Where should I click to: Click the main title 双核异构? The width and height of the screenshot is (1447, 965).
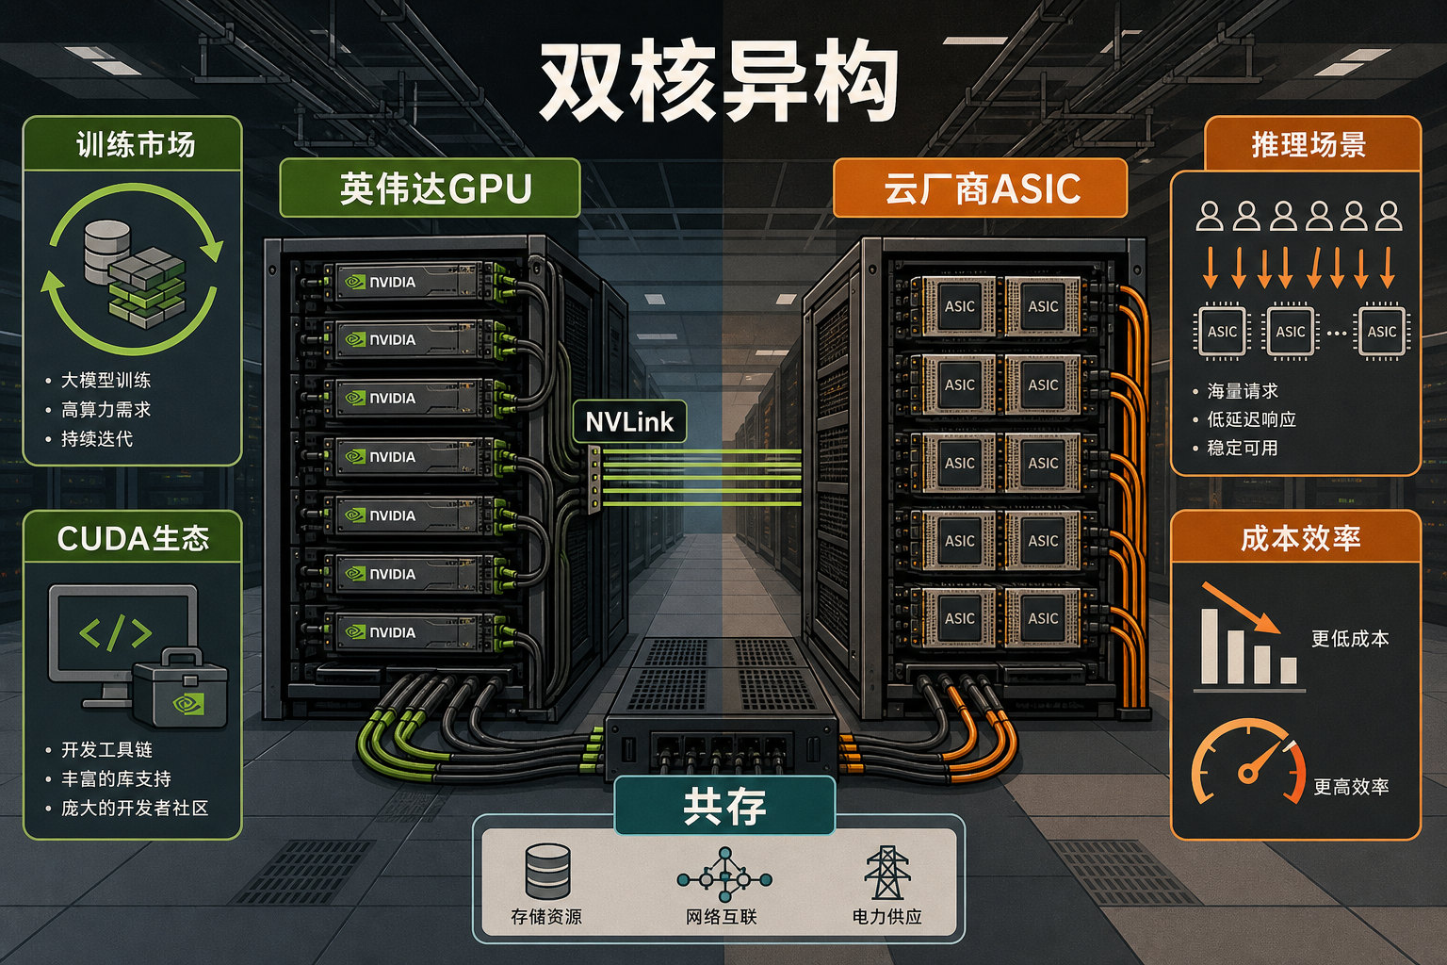pos(719,82)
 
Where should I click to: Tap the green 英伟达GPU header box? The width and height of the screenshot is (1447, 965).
pos(431,188)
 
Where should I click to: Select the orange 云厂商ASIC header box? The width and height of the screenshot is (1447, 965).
pos(981,188)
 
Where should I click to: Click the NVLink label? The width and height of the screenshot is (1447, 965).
pos(629,422)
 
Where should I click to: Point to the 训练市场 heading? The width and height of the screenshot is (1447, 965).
pos(136,144)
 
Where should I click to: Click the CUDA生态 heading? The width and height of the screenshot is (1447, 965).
pos(133,538)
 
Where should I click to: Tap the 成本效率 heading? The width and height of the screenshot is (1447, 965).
pos(1301,538)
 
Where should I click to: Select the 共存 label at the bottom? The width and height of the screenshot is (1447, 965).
pos(724,807)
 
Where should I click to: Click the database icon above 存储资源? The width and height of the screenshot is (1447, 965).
pos(547,872)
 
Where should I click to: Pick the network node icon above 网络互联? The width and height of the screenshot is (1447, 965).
pos(724,875)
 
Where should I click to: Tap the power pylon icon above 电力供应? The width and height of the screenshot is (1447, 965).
pos(886,873)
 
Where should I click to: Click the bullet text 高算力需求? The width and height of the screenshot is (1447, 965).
pos(106,410)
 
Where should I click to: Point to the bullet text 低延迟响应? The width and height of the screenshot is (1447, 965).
pos(1252,419)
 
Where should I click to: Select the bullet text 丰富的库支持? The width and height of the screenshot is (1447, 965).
pos(116,778)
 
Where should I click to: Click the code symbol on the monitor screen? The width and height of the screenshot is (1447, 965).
pos(116,632)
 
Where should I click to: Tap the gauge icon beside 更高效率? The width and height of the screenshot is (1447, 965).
pos(1248,762)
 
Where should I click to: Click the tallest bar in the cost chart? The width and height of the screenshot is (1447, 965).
pos(1210,646)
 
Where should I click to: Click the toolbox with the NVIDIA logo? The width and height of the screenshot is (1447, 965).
pos(181,689)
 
